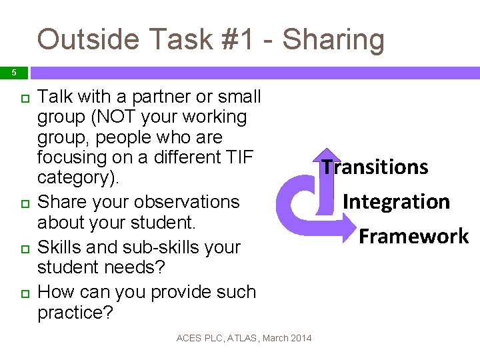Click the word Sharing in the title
333,40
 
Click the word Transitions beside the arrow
375,167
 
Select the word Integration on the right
396,201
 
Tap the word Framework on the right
414,236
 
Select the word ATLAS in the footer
244,338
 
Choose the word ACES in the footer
188,338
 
